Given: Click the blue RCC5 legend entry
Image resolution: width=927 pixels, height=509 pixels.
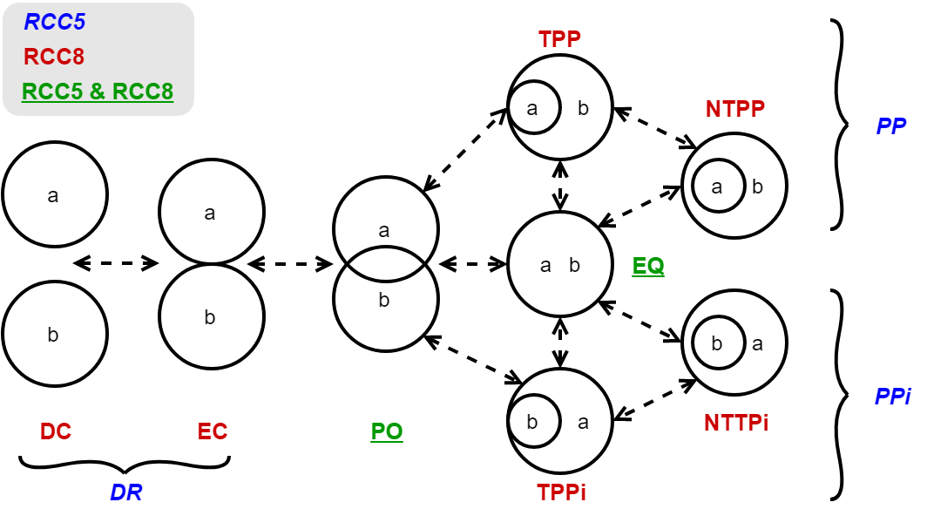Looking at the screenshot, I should (54, 24).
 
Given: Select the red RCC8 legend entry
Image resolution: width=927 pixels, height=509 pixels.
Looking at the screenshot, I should (54, 57).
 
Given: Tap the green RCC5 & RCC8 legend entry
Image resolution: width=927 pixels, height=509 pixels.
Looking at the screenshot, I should (98, 91).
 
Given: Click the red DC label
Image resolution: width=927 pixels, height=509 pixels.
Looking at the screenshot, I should (56, 431).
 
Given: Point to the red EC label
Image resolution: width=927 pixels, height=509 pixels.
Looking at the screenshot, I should (212, 431).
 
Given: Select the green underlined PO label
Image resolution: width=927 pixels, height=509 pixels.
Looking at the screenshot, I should (387, 431).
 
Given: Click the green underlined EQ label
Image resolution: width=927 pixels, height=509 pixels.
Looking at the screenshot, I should (648, 266).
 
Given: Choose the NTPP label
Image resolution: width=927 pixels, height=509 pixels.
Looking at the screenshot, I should (735, 109).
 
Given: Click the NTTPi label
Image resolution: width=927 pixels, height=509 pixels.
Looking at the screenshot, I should (736, 424).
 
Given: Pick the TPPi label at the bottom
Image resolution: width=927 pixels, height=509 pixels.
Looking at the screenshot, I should (561, 491).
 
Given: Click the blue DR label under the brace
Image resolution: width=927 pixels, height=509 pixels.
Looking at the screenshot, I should (125, 492).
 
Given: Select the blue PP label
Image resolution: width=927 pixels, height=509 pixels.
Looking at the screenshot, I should (891, 126).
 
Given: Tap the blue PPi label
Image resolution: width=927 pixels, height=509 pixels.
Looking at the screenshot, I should (892, 397).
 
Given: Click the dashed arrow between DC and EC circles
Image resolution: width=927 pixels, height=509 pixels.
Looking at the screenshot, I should (116, 262).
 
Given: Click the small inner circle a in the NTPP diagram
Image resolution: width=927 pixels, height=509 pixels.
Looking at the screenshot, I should (717, 186).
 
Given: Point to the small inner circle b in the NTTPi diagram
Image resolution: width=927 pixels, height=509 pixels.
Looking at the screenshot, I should (717, 343).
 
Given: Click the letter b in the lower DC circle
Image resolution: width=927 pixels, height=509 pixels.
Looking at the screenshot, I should (53, 334).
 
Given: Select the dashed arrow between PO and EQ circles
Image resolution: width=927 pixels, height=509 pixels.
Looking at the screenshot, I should (473, 262).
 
